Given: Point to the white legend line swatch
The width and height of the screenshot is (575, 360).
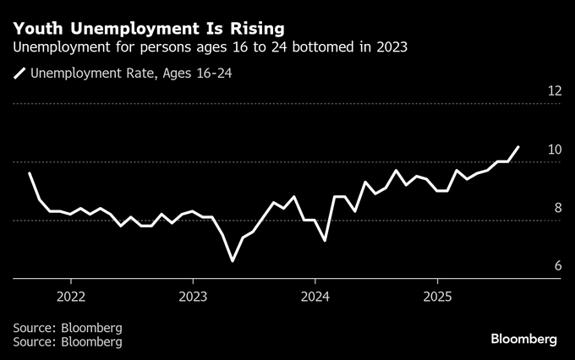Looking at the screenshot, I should tap(19, 74).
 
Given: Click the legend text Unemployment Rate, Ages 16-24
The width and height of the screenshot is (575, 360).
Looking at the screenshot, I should tap(131, 74).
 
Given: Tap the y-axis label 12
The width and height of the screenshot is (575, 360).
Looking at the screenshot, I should tap(555, 90).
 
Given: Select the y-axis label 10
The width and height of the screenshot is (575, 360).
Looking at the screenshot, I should tap(555, 150).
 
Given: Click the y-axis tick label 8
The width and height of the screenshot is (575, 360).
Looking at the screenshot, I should tap(557, 208).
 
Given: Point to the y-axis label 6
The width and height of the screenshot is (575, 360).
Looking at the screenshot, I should tap(557, 266).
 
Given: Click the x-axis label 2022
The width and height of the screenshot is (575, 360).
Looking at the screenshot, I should tap(70, 297).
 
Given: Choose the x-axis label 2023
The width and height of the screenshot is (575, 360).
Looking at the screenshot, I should tap(193, 297).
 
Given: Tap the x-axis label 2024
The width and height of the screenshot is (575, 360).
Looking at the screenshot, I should tap(315, 297).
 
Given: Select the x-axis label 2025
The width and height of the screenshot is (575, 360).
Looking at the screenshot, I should tap(437, 297).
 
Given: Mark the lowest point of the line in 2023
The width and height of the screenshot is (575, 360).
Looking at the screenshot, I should tap(233, 261).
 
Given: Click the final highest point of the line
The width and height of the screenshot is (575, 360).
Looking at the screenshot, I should tap(518, 146).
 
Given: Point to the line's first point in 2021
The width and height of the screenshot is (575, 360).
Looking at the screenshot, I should tap(30, 173).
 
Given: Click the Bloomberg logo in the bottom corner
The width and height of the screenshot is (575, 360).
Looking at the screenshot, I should tap(523, 339).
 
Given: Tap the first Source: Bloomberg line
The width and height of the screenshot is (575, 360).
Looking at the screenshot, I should tap(68, 327).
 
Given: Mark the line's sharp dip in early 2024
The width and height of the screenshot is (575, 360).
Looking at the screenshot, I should tap(325, 240).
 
